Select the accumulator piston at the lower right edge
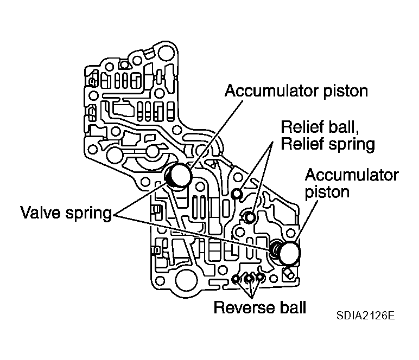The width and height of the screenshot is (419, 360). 289,253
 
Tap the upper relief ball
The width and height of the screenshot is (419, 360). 237,194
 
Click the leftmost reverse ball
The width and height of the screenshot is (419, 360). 236,279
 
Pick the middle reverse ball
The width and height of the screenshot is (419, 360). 249,279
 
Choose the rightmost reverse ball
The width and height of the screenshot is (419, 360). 260,278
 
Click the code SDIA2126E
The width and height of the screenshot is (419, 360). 365,316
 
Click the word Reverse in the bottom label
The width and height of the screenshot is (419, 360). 244,307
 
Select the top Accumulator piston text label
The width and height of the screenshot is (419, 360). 296,91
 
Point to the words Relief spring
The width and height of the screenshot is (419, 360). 328,144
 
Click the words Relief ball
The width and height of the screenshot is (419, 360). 320,127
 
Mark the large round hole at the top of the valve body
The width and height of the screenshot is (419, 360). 166,53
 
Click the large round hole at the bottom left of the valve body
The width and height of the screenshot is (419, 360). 186,281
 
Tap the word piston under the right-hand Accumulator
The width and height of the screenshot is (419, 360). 327,192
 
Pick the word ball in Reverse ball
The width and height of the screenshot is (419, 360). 293,307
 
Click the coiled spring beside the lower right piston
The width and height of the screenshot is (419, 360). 275,249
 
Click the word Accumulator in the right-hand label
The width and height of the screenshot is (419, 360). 352,175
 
